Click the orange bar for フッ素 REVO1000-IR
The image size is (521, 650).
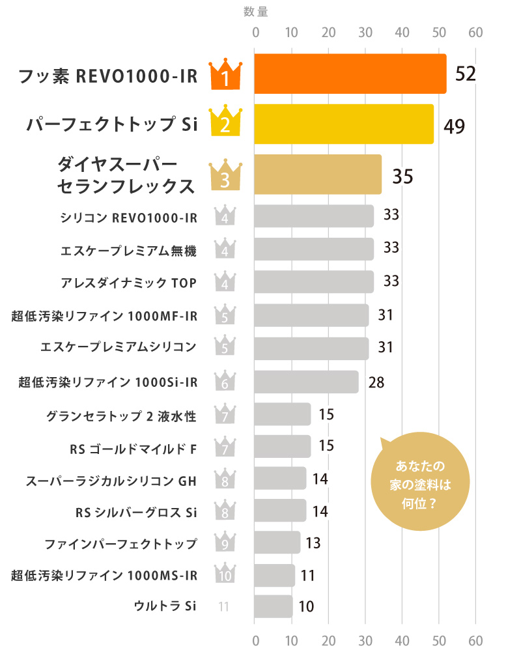(350, 74)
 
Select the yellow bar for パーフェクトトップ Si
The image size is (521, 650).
(343, 124)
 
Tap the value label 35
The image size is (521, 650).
(402, 177)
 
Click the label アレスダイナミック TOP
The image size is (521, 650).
(128, 281)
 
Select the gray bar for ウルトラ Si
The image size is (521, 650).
(273, 606)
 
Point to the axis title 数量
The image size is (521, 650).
(255, 11)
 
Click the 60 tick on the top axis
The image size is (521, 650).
(475, 33)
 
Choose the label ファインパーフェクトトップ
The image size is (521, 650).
(120, 542)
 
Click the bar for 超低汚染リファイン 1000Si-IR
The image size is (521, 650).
(305, 382)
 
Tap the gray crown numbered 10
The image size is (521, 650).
(225, 574)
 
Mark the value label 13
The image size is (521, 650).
(313, 543)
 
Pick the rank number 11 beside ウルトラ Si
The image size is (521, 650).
(224, 607)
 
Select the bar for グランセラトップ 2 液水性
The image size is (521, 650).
(282, 414)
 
